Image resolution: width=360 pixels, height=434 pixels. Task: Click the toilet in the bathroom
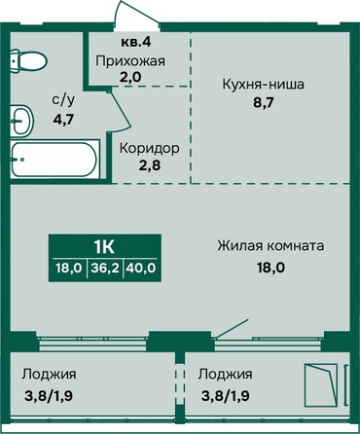[28, 60]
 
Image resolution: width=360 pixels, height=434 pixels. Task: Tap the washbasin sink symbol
[21, 121]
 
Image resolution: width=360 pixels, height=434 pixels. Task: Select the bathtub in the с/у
[54, 159]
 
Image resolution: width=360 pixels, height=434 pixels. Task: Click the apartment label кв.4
[136, 42]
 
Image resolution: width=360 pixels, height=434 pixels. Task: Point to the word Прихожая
[130, 61]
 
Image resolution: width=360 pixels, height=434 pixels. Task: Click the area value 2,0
[130, 77]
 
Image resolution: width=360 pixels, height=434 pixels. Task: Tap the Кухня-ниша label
[263, 85]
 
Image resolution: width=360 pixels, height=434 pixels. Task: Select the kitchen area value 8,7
[264, 103]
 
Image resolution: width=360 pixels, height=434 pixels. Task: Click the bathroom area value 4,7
[63, 120]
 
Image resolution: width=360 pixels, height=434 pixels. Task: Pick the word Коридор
[150, 148]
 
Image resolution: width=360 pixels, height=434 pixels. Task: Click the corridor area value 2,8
[150, 165]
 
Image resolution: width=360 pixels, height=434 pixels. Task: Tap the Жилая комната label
[270, 245]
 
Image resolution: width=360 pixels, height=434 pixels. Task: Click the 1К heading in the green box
[104, 247]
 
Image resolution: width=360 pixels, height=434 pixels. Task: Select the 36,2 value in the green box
[105, 268]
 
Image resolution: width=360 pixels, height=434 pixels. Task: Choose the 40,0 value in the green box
[142, 268]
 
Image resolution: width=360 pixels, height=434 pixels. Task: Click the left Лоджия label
[49, 375]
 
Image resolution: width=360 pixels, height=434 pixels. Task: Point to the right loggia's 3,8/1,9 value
[225, 396]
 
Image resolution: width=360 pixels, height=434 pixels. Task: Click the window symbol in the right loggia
[320, 385]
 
